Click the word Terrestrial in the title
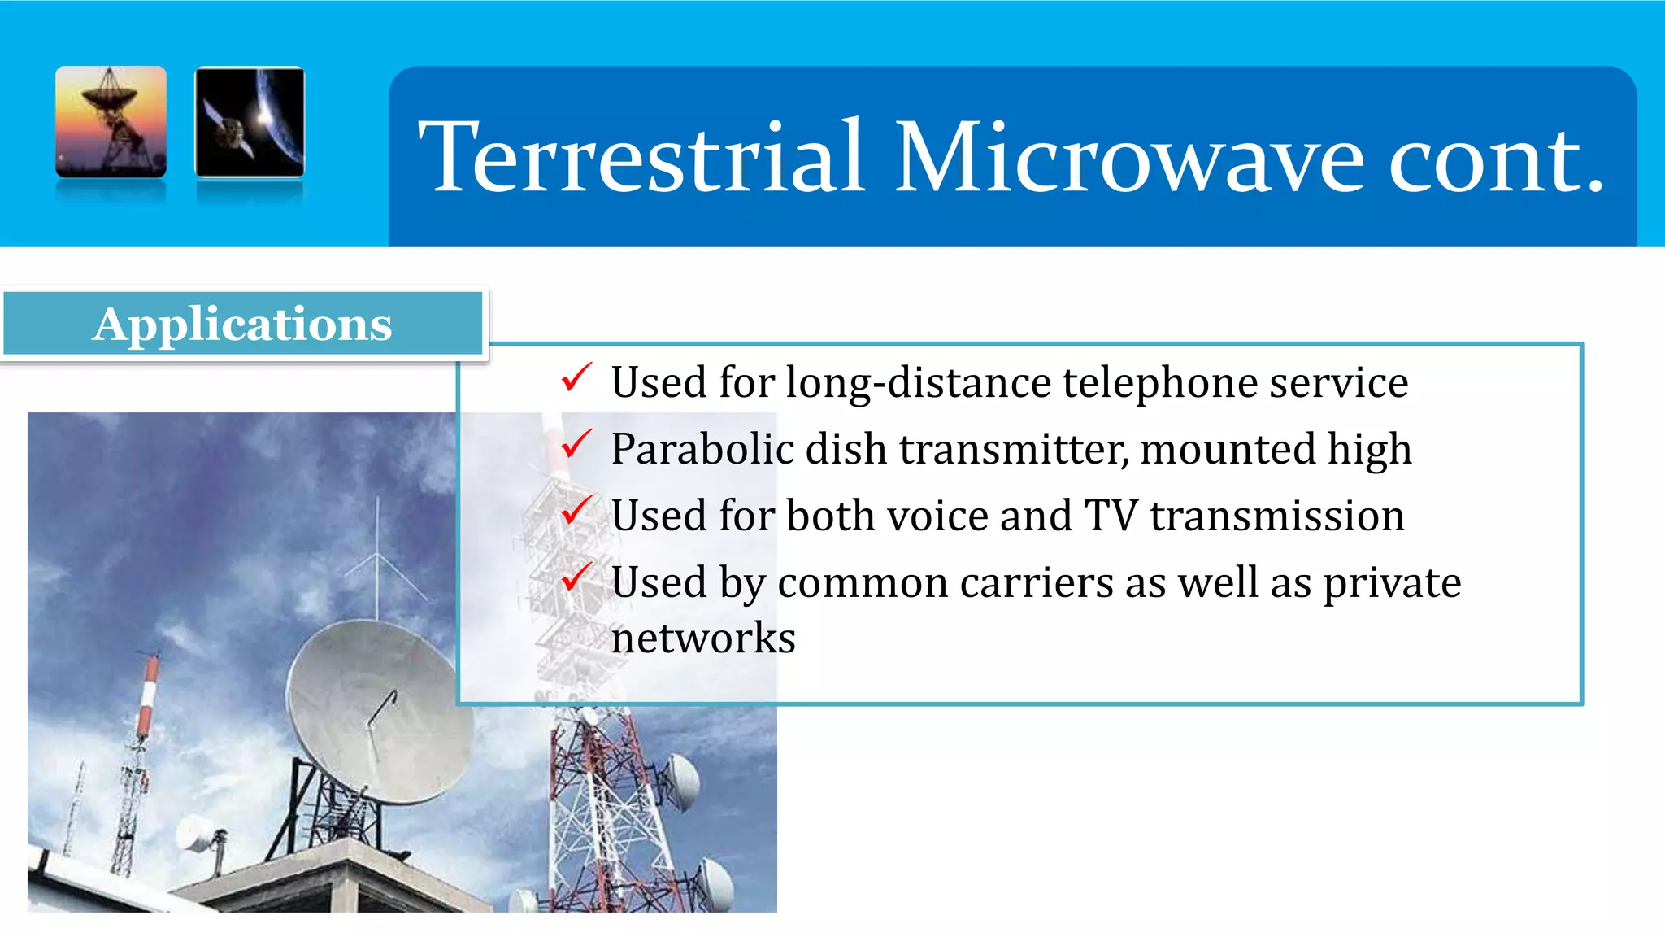coord(642,157)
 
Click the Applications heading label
coord(242,324)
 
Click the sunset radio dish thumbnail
coord(111,121)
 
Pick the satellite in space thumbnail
coord(250,121)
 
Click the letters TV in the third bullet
coord(1111,516)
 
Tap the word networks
coord(703,638)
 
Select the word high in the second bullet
coord(1369,449)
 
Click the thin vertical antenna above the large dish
coord(377,553)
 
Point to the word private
coord(1392,584)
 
